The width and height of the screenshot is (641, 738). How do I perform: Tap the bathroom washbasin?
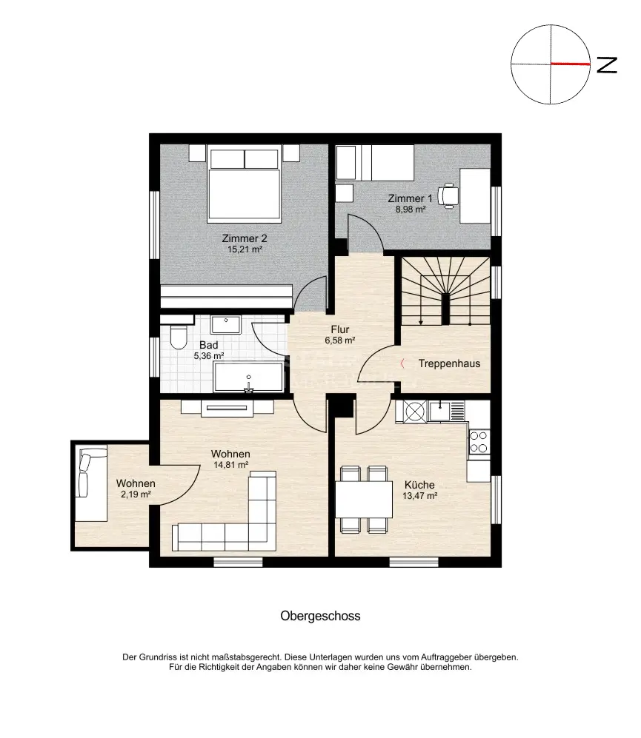point(226,325)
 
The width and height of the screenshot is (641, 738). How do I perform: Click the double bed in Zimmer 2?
point(244,184)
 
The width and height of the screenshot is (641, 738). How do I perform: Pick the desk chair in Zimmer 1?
point(448,195)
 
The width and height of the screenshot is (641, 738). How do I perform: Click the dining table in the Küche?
point(364,499)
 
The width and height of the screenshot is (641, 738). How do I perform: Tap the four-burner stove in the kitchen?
point(479,442)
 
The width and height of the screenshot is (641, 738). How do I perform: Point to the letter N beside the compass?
point(607,65)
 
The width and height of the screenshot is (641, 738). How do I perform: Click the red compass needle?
point(571,64)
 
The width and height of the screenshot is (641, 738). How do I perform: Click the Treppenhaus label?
point(449,363)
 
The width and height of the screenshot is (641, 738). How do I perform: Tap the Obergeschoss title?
point(320,616)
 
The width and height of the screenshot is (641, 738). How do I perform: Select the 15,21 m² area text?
point(245,249)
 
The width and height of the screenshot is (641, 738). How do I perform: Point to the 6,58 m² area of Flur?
point(340,341)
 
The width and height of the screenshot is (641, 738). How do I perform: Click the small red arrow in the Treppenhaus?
point(402,363)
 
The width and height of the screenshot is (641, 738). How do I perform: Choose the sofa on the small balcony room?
point(91,484)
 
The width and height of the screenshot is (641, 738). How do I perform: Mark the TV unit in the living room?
point(227,408)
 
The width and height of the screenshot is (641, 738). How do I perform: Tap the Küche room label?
point(419,485)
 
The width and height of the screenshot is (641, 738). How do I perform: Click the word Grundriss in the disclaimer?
point(158,657)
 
